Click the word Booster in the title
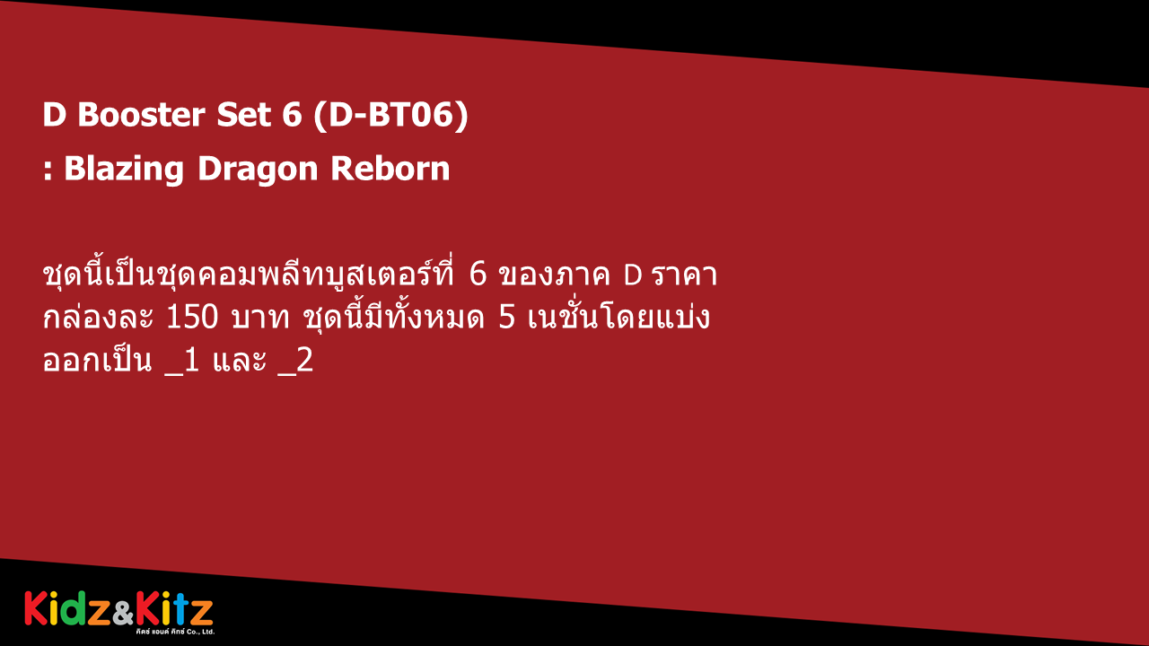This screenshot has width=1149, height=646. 141,114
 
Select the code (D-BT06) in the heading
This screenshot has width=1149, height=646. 390,115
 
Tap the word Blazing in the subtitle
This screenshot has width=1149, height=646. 124,170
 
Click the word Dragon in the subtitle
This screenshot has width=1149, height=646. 258,170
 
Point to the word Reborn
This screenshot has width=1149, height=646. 390,168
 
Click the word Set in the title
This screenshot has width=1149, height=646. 243,114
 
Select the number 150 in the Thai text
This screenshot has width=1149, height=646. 192,318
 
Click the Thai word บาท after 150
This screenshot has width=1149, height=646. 260,319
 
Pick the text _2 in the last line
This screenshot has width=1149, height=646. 295,362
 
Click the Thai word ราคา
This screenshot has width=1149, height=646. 685,275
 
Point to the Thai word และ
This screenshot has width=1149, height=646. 240,361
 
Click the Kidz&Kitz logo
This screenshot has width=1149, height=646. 119,613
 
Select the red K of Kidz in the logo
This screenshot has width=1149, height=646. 36,608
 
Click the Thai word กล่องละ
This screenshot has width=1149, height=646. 98,317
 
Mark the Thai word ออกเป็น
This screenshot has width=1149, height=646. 98,360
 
